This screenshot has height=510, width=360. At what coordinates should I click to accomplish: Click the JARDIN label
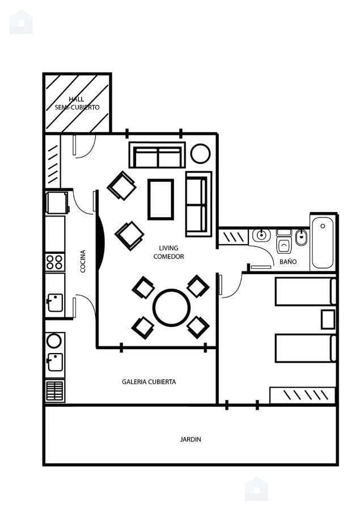190,439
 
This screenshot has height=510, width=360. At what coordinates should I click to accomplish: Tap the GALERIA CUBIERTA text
149,382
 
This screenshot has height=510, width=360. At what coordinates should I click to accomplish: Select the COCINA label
83,261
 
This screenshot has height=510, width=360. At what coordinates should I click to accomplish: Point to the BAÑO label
288,261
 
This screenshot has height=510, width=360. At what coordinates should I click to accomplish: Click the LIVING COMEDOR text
168,252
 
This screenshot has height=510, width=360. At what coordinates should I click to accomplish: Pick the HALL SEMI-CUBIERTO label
77,103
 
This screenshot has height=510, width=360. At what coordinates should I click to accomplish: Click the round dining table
172,307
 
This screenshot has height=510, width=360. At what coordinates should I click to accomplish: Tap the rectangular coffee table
160,199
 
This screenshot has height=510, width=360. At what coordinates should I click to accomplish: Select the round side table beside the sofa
201,154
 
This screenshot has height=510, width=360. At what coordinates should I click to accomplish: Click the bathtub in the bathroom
323,243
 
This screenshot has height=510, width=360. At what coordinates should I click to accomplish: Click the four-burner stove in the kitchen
54,262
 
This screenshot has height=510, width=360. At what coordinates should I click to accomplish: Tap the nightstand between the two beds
328,320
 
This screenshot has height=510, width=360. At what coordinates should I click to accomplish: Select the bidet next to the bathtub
302,237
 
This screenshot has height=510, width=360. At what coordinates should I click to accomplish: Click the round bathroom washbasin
261,235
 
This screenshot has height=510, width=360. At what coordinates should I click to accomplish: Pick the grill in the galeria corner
54,390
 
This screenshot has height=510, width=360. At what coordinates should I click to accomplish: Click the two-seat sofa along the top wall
157,155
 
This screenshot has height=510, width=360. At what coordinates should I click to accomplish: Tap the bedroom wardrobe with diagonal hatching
303,395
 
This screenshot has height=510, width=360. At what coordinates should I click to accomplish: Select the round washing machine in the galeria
54,341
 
